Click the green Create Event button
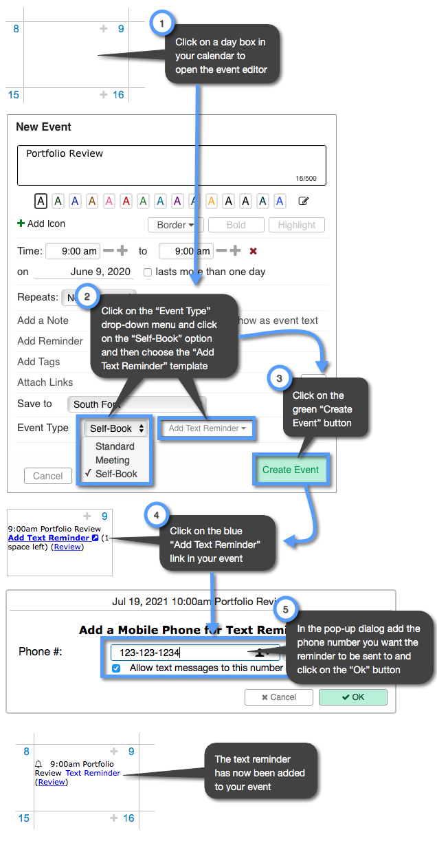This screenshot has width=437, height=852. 291,470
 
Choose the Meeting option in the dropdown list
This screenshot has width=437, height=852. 113,460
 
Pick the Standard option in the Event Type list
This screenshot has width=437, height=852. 115,446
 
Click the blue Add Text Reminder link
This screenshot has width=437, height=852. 48,538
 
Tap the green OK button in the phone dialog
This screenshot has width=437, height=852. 352,697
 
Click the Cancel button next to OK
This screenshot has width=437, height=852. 278,697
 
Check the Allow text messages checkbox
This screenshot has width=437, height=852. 116,668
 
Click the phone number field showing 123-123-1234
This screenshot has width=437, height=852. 179,653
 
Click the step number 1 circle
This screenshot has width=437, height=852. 161,23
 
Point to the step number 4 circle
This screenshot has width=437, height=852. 156,514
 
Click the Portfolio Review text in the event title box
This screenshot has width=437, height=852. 65,153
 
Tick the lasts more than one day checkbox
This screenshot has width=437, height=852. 148,272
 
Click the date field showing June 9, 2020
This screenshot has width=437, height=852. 100,272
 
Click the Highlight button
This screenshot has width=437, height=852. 297,225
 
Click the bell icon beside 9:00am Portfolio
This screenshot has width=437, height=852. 38,764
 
